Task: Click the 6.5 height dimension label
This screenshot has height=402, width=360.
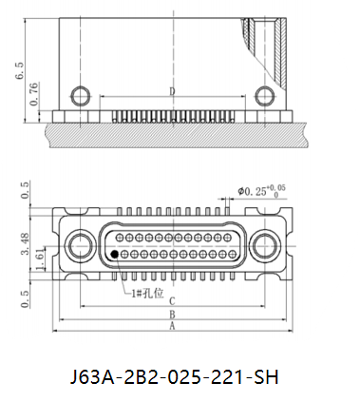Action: click(20, 70)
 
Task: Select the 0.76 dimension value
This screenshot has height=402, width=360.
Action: click(34, 94)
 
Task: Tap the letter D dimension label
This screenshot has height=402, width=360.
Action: click(172, 91)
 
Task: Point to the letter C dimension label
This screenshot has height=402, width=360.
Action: click(172, 300)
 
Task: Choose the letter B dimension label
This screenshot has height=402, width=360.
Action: click(172, 315)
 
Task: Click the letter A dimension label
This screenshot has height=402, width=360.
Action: click(172, 326)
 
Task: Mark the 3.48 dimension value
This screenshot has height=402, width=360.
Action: click(26, 243)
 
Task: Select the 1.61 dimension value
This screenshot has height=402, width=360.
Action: click(40, 258)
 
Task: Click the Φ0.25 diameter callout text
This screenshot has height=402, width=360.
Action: click(261, 191)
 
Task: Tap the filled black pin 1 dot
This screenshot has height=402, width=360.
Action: click(115, 254)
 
